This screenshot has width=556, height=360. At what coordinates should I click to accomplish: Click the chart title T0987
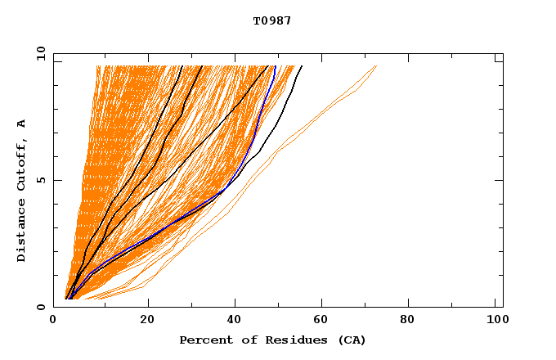(x=272, y=21)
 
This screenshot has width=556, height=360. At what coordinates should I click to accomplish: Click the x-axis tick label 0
(x=54, y=321)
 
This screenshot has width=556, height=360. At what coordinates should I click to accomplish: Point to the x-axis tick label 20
(x=146, y=321)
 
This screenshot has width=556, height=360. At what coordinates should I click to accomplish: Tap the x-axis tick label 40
(x=234, y=321)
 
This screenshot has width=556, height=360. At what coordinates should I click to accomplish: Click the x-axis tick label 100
(x=495, y=321)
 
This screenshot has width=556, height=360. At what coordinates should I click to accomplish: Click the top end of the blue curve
(x=275, y=66)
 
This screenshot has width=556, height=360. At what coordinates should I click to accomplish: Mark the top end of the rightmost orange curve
(x=376, y=66)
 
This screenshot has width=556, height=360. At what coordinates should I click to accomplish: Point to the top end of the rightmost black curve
(x=302, y=66)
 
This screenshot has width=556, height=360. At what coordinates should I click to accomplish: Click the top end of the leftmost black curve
(x=182, y=66)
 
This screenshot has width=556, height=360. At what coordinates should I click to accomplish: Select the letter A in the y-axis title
(x=22, y=124)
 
